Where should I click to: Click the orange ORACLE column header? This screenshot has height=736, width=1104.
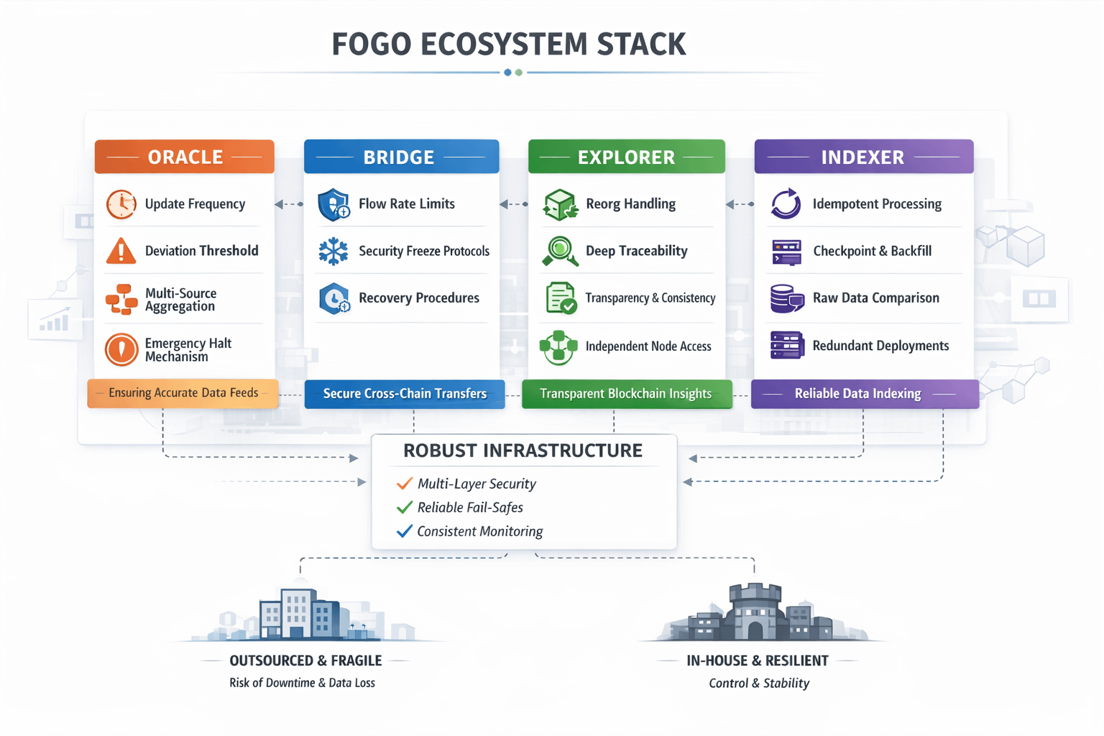[x=185, y=157]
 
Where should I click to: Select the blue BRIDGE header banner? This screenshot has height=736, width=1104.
[x=400, y=157]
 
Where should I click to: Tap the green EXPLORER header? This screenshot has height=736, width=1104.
[x=626, y=157]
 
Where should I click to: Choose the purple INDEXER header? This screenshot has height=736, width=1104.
[x=863, y=157]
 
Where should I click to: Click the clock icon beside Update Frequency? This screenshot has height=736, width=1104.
[x=121, y=204]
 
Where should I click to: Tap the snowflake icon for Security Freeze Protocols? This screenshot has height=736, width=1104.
[x=333, y=252]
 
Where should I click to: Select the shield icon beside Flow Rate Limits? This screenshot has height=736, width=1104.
[x=333, y=205]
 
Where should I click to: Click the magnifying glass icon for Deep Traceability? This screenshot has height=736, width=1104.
[x=559, y=251]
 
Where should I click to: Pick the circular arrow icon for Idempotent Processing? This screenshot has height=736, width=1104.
[x=786, y=203]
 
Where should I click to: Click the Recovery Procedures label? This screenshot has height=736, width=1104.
[x=418, y=298]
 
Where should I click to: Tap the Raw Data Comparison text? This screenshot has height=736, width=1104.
[x=875, y=298]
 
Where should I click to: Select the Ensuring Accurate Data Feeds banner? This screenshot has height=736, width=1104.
[x=183, y=393]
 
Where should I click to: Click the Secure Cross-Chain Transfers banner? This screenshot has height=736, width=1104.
[x=405, y=394]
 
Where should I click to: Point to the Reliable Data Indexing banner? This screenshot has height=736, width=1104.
[x=864, y=394]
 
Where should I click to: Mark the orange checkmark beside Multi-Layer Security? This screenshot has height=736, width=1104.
[x=405, y=483]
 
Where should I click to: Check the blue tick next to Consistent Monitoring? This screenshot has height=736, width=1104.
[x=405, y=531]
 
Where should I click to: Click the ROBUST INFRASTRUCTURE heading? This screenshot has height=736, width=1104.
[x=523, y=451]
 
